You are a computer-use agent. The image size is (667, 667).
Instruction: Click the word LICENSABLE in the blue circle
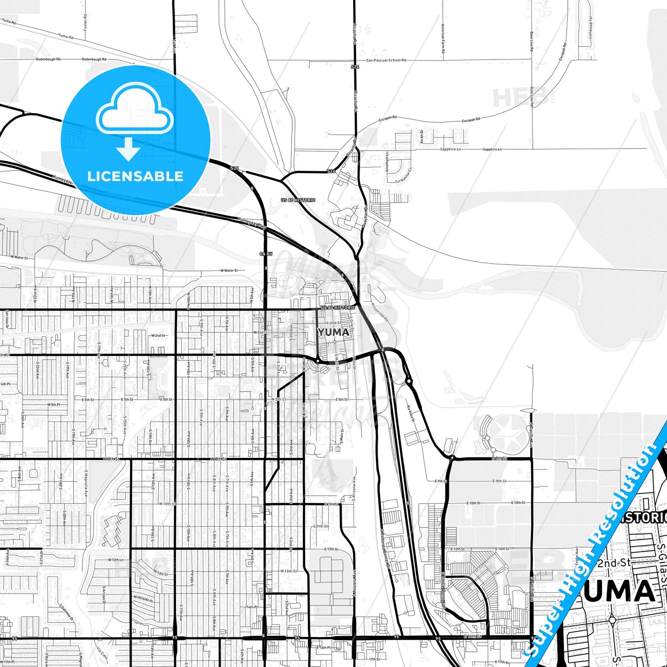(x=135, y=176)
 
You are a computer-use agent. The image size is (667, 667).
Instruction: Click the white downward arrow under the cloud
(x=128, y=149)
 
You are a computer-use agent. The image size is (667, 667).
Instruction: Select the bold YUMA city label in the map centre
(x=333, y=332)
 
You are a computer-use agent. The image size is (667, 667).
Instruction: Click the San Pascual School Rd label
(x=386, y=60)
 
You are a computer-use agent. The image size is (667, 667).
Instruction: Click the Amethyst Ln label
(x=387, y=162)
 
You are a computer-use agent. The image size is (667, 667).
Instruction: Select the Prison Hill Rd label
(x=380, y=313)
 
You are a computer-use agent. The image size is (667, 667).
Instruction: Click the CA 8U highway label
(x=266, y=254)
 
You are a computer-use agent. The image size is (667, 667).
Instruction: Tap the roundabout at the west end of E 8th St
(x=452, y=458)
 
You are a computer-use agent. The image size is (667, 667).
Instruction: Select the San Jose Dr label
(x=7, y=319)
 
